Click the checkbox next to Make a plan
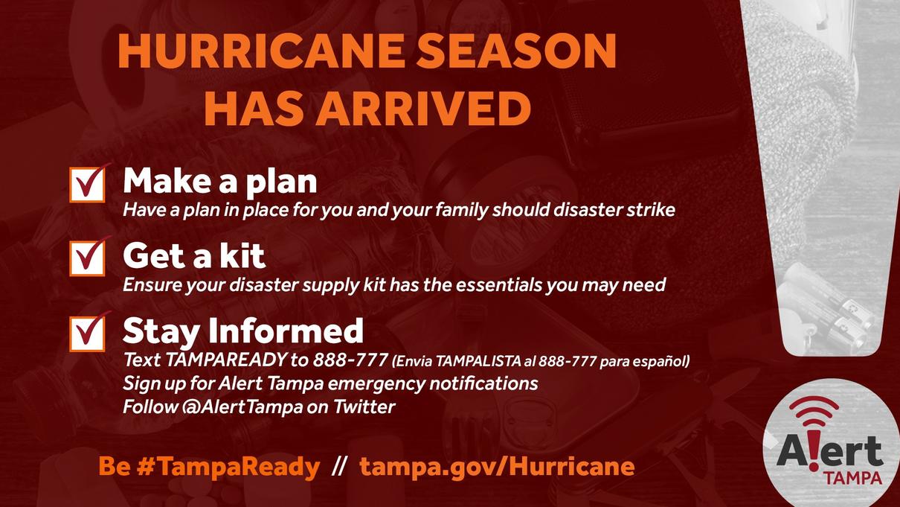click(87, 185)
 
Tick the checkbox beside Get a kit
click(87, 258)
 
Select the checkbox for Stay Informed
click(87, 334)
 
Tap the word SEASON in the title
click(516, 51)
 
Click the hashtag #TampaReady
click(228, 467)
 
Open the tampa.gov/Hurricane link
click(497, 467)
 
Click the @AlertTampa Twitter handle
click(242, 406)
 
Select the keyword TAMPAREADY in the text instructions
click(226, 360)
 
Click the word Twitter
click(364, 406)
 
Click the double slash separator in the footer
click(339, 467)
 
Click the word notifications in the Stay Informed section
click(483, 383)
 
